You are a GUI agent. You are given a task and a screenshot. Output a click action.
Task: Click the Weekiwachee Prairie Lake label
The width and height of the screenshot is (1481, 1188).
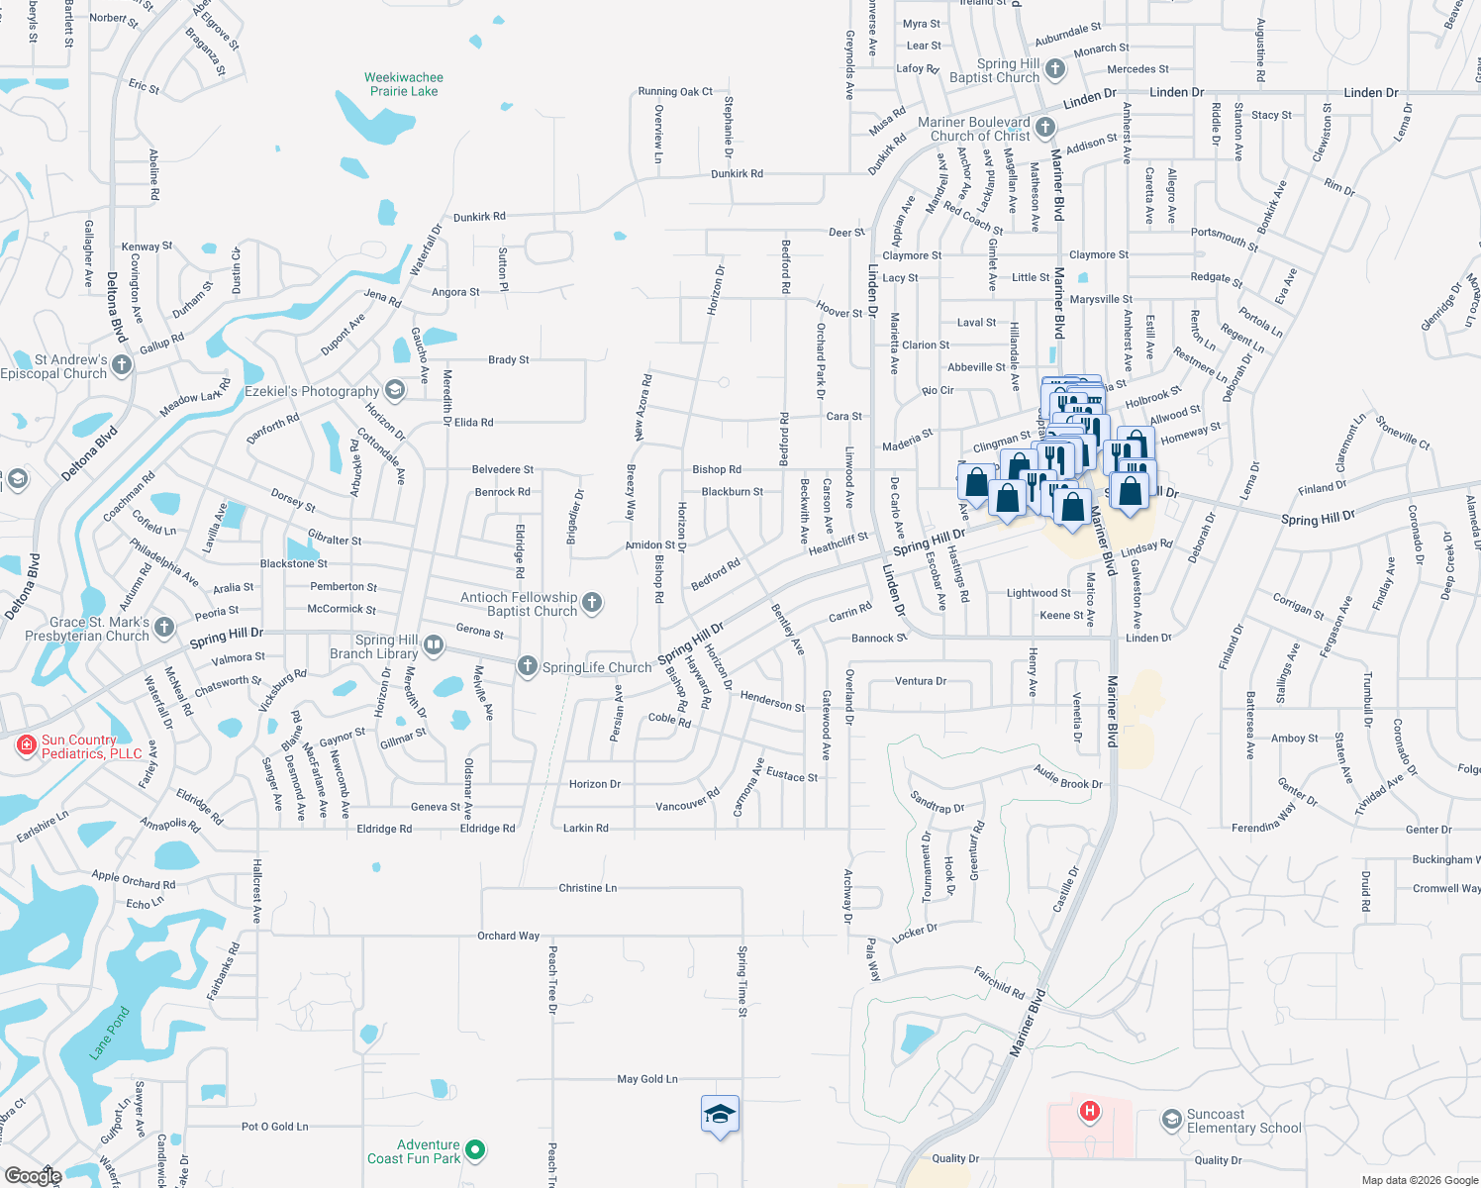(404, 84)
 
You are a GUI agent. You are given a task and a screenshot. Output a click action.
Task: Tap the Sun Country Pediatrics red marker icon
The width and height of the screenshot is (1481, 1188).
(27, 745)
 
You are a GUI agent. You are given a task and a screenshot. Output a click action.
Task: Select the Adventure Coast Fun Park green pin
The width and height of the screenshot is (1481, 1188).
(475, 1150)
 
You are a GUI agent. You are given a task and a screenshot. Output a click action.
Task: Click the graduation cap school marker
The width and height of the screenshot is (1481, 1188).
(720, 1115)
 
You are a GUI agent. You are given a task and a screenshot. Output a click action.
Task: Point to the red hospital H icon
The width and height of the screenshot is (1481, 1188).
(1090, 1111)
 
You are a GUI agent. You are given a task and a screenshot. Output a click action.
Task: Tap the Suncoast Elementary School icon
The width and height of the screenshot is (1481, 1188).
(1172, 1121)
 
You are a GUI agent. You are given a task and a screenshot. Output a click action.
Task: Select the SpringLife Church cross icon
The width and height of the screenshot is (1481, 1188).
(528, 666)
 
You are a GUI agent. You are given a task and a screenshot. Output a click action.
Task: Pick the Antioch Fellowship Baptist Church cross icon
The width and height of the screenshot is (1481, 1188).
(592, 603)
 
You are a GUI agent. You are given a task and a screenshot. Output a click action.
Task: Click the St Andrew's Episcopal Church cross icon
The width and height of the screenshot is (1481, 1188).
(122, 365)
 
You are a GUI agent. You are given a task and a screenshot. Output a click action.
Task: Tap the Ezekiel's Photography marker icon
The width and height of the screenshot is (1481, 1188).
(395, 390)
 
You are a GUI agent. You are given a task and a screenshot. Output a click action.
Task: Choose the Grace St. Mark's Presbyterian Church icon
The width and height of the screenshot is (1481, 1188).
(164, 628)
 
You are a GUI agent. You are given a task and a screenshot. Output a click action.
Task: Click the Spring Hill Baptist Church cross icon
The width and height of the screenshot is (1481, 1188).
(1055, 69)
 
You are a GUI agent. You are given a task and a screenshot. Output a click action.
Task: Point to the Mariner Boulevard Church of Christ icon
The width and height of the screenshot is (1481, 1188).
(1045, 128)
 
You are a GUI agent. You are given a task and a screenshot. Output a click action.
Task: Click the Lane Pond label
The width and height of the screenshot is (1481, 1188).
(110, 1033)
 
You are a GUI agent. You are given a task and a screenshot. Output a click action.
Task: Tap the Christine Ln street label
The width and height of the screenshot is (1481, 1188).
(587, 888)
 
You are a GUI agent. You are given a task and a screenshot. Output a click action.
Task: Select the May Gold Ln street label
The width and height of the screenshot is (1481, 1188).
(647, 1079)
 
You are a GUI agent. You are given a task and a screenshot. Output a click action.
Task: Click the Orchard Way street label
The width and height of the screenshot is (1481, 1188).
(509, 936)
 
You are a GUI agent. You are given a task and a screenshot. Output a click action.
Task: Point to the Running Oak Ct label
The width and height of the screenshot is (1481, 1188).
(675, 91)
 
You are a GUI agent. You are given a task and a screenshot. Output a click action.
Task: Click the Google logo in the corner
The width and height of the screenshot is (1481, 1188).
(33, 1175)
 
